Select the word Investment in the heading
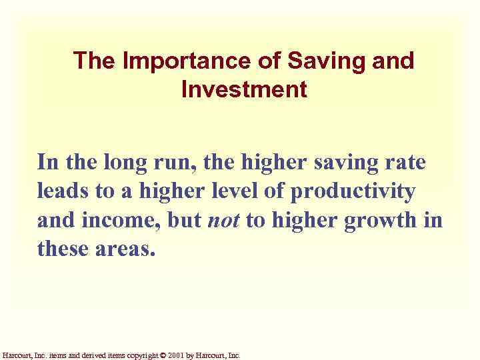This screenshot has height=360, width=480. [244, 89]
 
